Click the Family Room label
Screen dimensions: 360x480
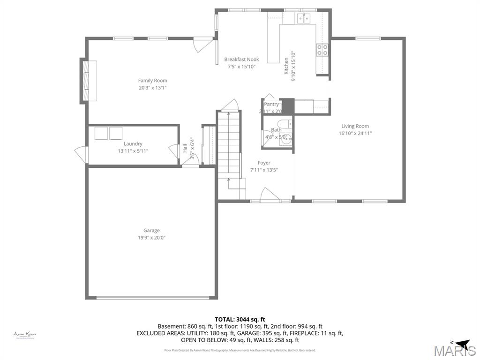tap(152, 81)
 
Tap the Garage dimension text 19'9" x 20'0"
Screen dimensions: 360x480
tap(151, 238)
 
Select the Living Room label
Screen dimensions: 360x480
tap(355, 126)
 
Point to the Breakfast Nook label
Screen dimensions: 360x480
tap(241, 60)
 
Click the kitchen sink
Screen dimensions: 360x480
tap(304, 18)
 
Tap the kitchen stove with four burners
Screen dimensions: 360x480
tap(322, 50)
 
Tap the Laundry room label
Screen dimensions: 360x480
tap(133, 144)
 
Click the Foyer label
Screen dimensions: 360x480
tap(264, 163)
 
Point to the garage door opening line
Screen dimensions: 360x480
tap(152, 297)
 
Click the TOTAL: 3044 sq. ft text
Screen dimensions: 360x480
tap(240, 319)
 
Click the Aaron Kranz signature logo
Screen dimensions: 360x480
tap(25, 335)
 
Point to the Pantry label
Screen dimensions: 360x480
tap(271, 105)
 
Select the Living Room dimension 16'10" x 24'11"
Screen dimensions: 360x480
tap(355, 133)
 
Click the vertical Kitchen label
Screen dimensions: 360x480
tap(286, 66)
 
